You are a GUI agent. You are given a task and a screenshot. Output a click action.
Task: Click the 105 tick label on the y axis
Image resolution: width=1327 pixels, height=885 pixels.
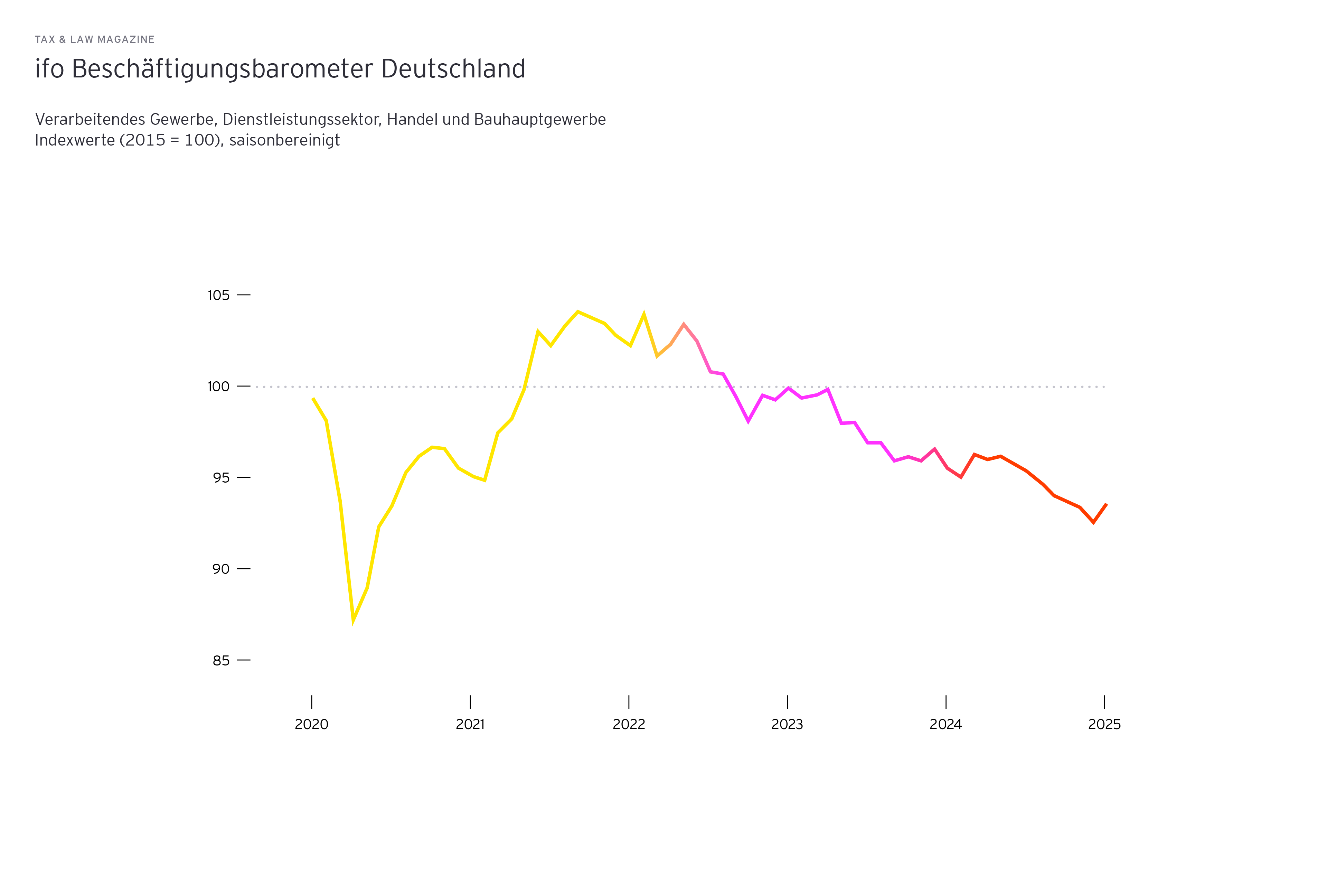(218, 295)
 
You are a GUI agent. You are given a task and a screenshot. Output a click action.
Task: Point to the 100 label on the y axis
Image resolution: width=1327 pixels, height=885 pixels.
(218, 386)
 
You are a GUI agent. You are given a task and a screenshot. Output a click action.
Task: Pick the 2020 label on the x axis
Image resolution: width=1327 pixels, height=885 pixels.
(311, 724)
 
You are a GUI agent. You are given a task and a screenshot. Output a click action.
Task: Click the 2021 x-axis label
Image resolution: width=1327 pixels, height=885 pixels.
(470, 724)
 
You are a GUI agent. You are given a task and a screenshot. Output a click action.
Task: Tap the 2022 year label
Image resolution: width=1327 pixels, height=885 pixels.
(629, 724)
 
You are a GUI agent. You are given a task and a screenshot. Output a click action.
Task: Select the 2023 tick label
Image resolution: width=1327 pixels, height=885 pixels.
(787, 724)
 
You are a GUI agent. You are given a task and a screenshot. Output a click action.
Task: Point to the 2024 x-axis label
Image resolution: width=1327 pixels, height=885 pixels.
(945, 724)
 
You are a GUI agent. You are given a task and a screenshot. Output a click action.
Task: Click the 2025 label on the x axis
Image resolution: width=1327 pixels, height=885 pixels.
(1104, 724)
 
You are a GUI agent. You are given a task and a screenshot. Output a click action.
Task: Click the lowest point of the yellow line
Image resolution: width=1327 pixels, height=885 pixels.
(353, 620)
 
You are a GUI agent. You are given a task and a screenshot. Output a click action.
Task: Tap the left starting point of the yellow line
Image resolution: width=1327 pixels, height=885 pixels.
(313, 399)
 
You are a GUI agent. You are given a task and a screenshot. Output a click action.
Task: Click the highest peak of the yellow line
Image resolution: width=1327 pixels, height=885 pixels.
(578, 311)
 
